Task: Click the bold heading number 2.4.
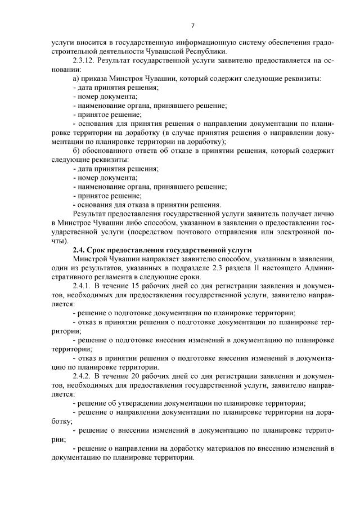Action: point(80,250)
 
